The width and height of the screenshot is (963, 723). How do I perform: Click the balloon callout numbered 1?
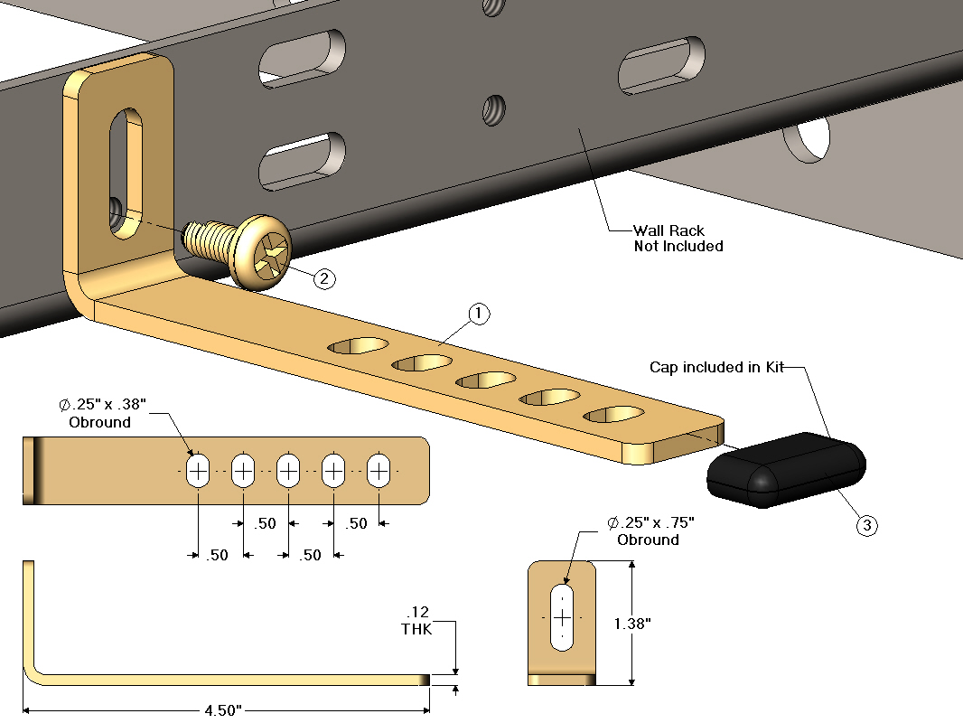click(479, 314)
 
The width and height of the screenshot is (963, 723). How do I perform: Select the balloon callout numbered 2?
click(324, 278)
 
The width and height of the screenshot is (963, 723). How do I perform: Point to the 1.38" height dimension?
click(631, 623)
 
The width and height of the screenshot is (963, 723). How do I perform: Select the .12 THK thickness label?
click(416, 621)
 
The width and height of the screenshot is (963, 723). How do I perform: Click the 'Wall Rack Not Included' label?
click(678, 238)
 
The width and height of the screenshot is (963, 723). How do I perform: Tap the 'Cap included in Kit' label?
click(716, 368)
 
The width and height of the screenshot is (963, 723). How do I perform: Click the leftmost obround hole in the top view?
click(198, 470)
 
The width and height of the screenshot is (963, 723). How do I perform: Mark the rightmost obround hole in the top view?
click(379, 470)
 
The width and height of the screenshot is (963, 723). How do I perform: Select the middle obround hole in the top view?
click(288, 470)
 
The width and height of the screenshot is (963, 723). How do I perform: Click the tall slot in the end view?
click(562, 616)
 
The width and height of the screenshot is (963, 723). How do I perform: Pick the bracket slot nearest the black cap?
click(614, 414)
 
